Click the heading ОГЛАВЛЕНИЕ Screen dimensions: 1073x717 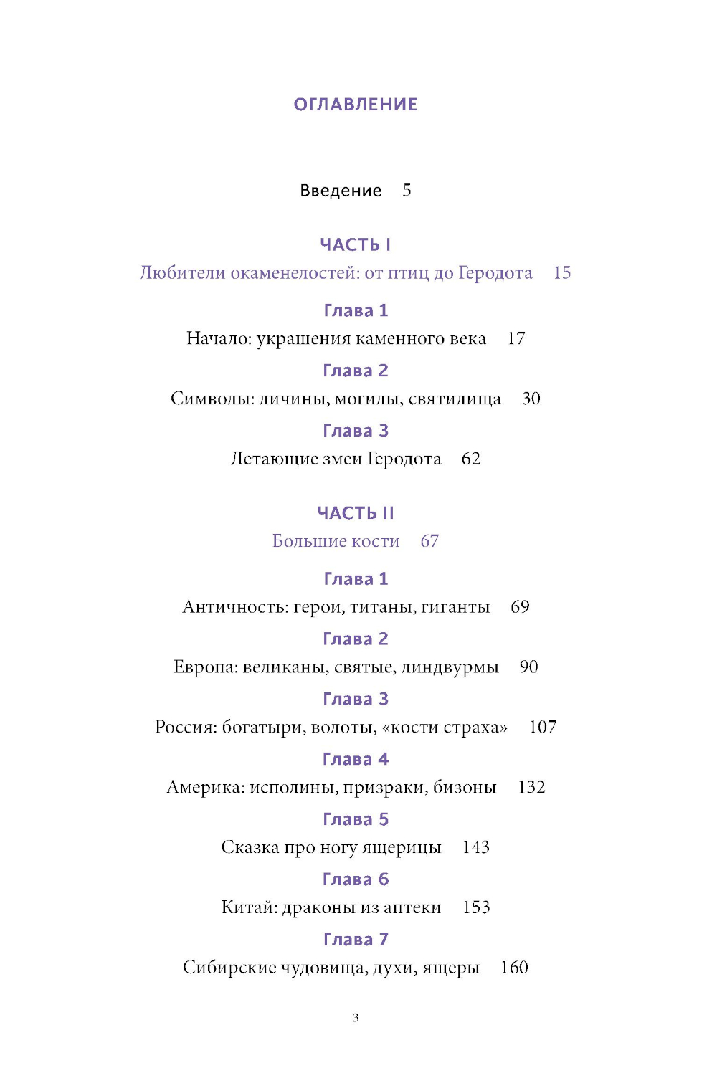coord(356,105)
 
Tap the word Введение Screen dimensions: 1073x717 coord(341,191)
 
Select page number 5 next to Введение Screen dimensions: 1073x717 coord(407,190)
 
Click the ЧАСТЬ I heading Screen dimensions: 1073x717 coord(356,245)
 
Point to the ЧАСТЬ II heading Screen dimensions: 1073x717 coord(356,513)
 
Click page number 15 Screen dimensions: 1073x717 coord(562,273)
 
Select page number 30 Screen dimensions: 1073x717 coord(531,399)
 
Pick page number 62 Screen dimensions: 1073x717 coord(471,459)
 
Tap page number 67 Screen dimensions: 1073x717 coord(429,541)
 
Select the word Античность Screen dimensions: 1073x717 coord(234,607)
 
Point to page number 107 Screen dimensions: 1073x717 coord(543,728)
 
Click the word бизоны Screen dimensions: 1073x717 coord(465,788)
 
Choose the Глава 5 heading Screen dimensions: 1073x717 coord(356,819)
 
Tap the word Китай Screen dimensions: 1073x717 coord(248,907)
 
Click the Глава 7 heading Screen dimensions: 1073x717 coord(356,940)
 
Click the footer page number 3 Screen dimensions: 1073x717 coord(356,1018)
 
